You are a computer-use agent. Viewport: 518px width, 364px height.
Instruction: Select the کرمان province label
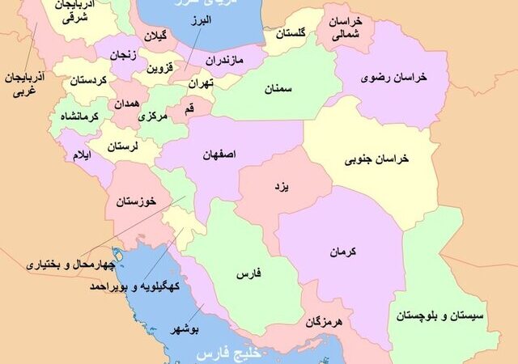click(x=343, y=252)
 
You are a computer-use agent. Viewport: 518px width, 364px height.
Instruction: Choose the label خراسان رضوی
click(x=397, y=77)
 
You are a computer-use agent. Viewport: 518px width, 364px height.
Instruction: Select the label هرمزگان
click(x=325, y=322)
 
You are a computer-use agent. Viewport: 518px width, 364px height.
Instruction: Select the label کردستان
click(x=87, y=81)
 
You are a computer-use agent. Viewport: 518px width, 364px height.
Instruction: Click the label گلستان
click(x=291, y=35)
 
